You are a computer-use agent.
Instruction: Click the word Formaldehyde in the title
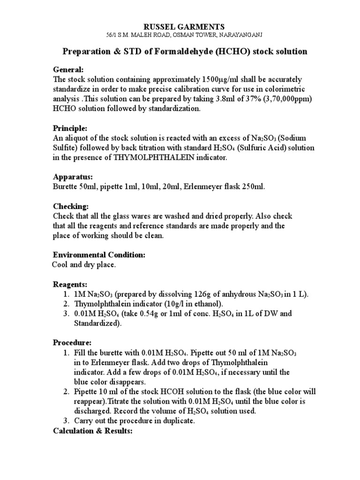pos(180,52)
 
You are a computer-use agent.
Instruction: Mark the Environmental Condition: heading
pos(99,255)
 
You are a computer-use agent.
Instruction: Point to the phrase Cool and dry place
pos(83,265)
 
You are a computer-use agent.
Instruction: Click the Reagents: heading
pos(70,285)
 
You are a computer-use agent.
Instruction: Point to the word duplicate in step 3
pos(179,421)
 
